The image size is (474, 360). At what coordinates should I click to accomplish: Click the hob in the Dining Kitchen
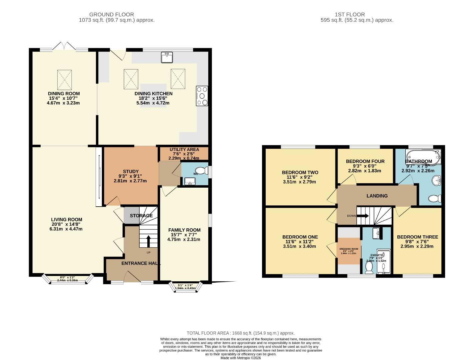tap(202, 96)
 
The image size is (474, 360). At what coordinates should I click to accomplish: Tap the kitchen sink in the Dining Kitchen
tap(167, 57)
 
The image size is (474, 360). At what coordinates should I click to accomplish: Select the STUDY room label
tap(131, 172)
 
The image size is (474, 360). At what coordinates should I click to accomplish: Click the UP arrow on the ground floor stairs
tap(148, 241)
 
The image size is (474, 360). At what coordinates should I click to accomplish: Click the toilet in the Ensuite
tap(369, 268)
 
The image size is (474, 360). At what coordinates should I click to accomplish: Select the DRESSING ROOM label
tap(349, 249)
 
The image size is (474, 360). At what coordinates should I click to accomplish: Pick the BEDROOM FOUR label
tap(365, 161)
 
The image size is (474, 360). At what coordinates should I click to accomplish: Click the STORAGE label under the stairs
tap(141, 216)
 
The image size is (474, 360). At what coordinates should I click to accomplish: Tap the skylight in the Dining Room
tap(64, 78)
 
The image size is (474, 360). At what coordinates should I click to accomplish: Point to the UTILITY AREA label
tap(184, 150)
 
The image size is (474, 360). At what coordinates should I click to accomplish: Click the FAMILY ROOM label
tap(184, 230)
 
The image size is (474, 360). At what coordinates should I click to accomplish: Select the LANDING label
tap(377, 196)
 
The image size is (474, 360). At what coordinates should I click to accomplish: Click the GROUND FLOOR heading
tap(111, 15)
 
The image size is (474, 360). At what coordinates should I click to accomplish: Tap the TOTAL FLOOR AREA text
tap(240, 333)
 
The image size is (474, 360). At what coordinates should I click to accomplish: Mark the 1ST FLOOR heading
tap(350, 15)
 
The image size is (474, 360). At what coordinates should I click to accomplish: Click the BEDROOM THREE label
tap(417, 237)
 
